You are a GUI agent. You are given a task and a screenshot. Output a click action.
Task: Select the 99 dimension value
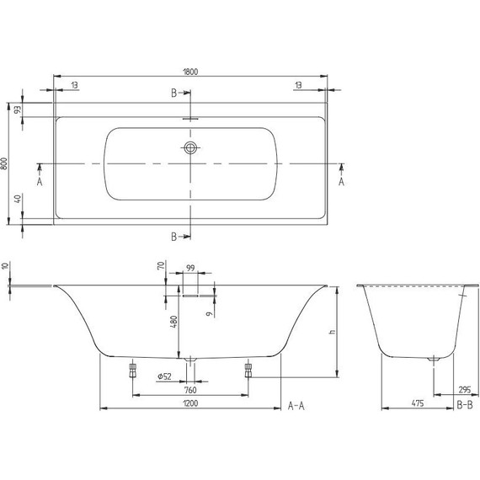coord(190,269)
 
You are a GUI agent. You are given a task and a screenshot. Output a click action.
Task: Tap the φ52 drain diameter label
coord(167,376)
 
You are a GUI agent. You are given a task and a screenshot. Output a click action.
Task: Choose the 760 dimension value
coord(190,390)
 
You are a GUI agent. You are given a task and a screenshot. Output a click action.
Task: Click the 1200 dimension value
coord(190,405)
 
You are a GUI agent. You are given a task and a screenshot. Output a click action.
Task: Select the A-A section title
coord(296,405)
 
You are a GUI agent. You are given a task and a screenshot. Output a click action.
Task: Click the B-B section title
coord(464,405)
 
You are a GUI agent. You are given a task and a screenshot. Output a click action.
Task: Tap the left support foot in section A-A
coord(132,371)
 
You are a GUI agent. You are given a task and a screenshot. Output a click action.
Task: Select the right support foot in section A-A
coord(248,371)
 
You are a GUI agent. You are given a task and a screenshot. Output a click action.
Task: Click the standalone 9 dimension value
coord(208,314)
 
